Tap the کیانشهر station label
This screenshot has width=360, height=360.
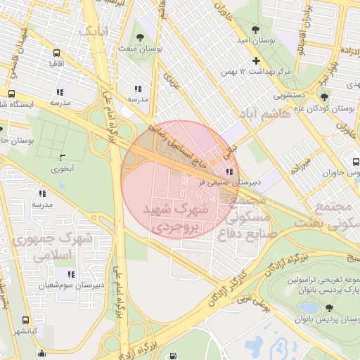[28, 330]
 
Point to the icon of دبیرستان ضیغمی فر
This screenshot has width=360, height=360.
[229, 171]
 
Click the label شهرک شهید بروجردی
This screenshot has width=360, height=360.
[176, 218]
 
